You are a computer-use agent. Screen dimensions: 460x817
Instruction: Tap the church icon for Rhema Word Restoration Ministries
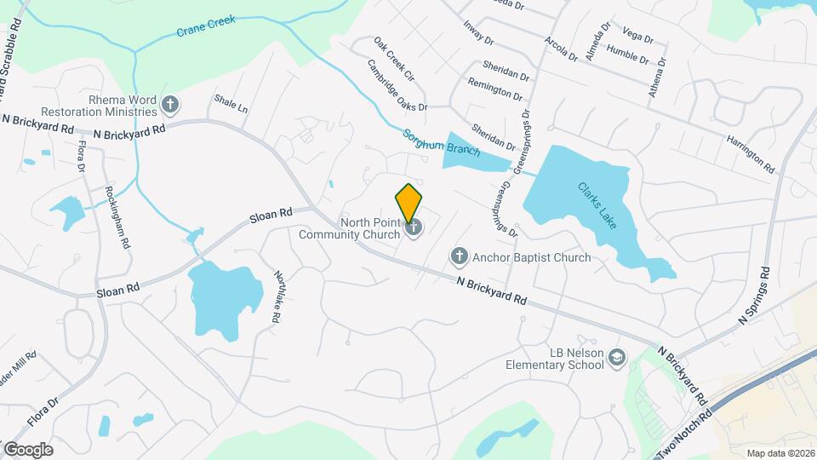click(170, 106)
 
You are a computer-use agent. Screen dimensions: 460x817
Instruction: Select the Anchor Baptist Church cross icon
click(459, 256)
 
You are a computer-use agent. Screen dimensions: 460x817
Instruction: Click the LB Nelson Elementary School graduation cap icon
click(616, 359)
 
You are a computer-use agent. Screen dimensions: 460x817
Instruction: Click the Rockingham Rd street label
click(118, 216)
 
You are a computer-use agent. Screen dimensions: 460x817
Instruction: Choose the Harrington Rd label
click(750, 152)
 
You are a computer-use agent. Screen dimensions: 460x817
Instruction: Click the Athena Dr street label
click(654, 76)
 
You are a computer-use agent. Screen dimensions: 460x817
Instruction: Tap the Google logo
click(28, 449)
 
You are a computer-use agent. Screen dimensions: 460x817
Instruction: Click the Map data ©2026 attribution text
click(780, 453)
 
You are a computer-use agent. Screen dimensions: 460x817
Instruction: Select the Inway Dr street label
click(478, 32)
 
